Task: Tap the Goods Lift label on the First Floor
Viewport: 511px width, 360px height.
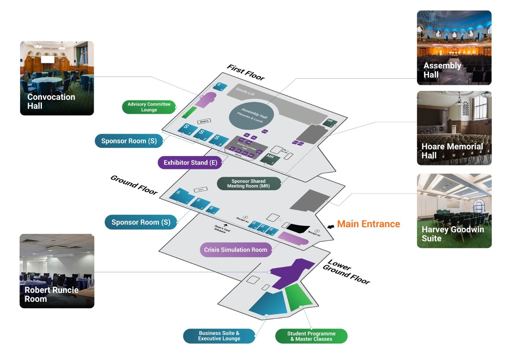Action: click(245, 91)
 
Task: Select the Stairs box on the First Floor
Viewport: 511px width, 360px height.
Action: click(204, 121)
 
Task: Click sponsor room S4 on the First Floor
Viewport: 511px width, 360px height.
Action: click(220, 86)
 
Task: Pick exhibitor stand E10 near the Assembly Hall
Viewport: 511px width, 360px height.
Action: click(265, 131)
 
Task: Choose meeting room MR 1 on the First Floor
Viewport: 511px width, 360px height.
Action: click(270, 158)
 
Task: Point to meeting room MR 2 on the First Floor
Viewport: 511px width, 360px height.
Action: click(330, 122)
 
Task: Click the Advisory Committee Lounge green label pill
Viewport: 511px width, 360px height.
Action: click(149, 107)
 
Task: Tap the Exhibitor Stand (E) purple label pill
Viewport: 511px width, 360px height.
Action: click(190, 163)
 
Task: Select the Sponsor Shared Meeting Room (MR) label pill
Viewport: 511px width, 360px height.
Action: click(248, 184)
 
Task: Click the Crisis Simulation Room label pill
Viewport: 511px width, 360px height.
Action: click(235, 250)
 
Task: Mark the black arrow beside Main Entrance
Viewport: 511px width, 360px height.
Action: click(331, 226)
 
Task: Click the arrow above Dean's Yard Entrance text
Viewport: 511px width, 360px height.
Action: click(225, 225)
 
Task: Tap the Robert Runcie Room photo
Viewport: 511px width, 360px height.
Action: click(57, 271)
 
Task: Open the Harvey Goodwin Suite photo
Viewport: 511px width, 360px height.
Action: click(454, 211)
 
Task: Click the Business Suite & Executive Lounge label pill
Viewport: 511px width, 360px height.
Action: click(219, 336)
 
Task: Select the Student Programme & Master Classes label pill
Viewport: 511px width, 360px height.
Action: click(311, 336)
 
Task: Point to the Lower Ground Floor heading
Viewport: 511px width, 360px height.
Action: click(347, 272)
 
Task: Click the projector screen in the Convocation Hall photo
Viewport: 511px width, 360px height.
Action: click(48, 59)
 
